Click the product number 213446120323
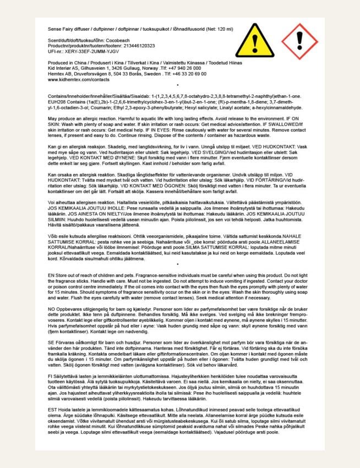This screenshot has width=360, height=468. pos(137,46)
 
